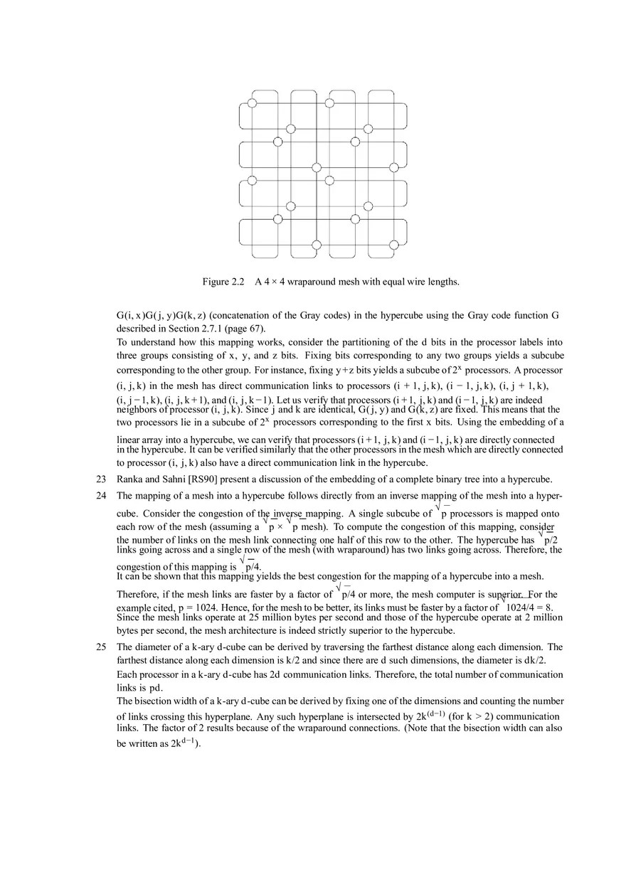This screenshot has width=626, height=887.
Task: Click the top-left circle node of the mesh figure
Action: [252, 103]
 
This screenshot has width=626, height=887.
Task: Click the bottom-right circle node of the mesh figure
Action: [393, 245]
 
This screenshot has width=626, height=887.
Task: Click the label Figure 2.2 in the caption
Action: [223, 282]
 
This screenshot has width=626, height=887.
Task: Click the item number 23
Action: [102, 479]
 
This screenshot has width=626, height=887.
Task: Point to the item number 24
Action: [102, 495]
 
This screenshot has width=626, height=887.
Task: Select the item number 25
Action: [102, 647]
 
